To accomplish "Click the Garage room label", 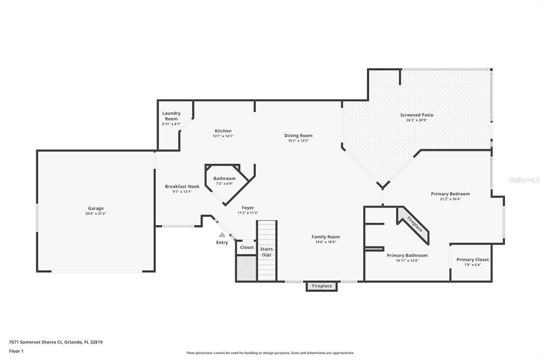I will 96,208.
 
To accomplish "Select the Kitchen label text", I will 223,131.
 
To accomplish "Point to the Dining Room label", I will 299,136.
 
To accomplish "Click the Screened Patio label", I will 417,115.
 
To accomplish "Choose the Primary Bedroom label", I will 450,194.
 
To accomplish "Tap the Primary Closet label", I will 472,259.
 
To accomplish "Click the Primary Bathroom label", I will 407,255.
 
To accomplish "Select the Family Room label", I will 325,236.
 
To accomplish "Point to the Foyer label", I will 248,207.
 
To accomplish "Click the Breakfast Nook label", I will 182,186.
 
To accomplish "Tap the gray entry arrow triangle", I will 222,234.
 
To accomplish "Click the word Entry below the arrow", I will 222,242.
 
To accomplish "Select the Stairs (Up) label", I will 267,252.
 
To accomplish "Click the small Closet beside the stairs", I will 247,247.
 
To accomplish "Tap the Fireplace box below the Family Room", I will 322,286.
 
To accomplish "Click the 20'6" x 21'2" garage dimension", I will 96,213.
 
